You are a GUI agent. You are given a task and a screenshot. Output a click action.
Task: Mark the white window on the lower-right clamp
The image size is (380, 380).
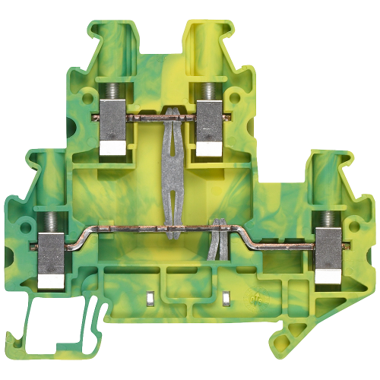(328, 277)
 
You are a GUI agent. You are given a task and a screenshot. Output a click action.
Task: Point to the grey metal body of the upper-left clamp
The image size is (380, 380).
(112, 130)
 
